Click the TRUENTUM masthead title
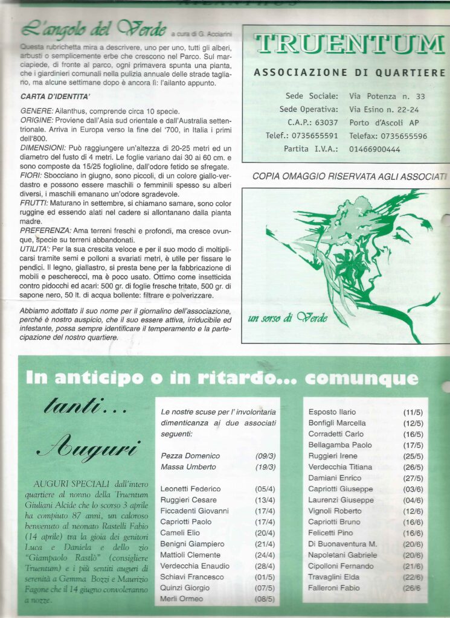point(349,44)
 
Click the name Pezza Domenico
point(190,456)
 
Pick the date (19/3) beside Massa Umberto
point(265,467)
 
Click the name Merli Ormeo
point(181,599)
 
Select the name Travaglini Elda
point(336,578)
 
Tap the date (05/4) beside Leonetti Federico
point(265,489)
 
